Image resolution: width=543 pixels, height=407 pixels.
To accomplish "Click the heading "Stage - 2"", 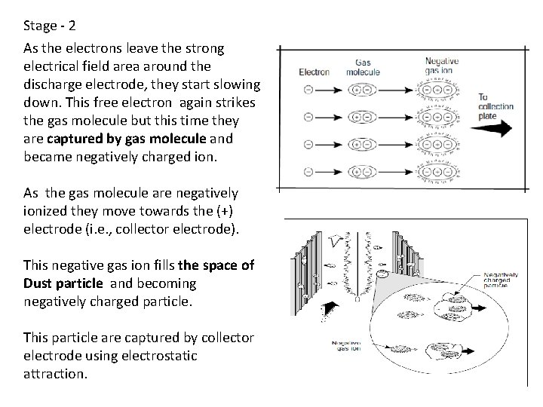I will tap(49, 26).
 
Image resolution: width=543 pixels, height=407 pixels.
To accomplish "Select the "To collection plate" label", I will tap(495, 106).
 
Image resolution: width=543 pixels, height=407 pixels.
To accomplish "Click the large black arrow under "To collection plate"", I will tap(494, 130).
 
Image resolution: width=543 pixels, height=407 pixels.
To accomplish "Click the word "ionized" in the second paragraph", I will tap(45, 211).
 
